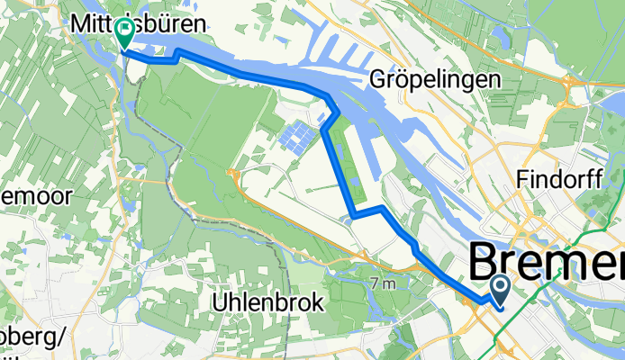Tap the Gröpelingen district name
(x=435, y=80)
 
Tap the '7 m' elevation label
(x=382, y=283)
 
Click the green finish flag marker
(x=122, y=33)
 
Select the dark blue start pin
(x=500, y=289)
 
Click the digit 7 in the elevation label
(x=374, y=283)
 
